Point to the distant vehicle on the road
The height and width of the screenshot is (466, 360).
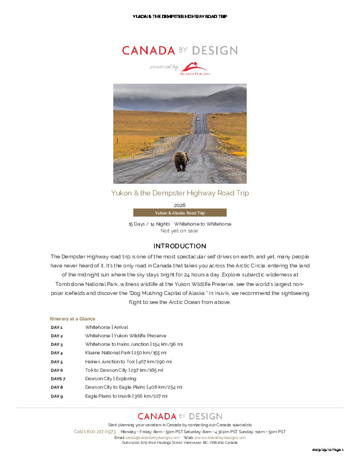(198, 119)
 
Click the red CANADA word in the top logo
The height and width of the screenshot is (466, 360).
(148, 51)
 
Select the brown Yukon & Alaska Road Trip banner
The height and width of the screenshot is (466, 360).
(179, 213)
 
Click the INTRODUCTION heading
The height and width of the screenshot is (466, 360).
(179, 246)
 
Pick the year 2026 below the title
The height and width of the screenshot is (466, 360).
(179, 205)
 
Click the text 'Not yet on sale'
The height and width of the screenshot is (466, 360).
(179, 231)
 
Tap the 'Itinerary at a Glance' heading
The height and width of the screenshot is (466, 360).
(73, 319)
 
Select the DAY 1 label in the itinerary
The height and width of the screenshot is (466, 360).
(57, 327)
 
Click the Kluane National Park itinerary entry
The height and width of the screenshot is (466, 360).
(125, 353)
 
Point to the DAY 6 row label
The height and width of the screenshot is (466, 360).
(57, 370)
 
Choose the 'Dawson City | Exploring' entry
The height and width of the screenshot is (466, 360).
(111, 379)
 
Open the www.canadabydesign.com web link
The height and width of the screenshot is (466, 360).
(220, 437)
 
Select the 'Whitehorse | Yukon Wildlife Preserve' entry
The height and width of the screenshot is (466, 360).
(125, 336)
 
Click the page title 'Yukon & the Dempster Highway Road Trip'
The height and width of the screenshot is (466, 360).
(179, 193)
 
